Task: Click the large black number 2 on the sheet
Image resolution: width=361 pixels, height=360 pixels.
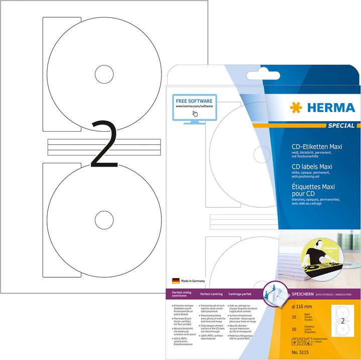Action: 105,143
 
